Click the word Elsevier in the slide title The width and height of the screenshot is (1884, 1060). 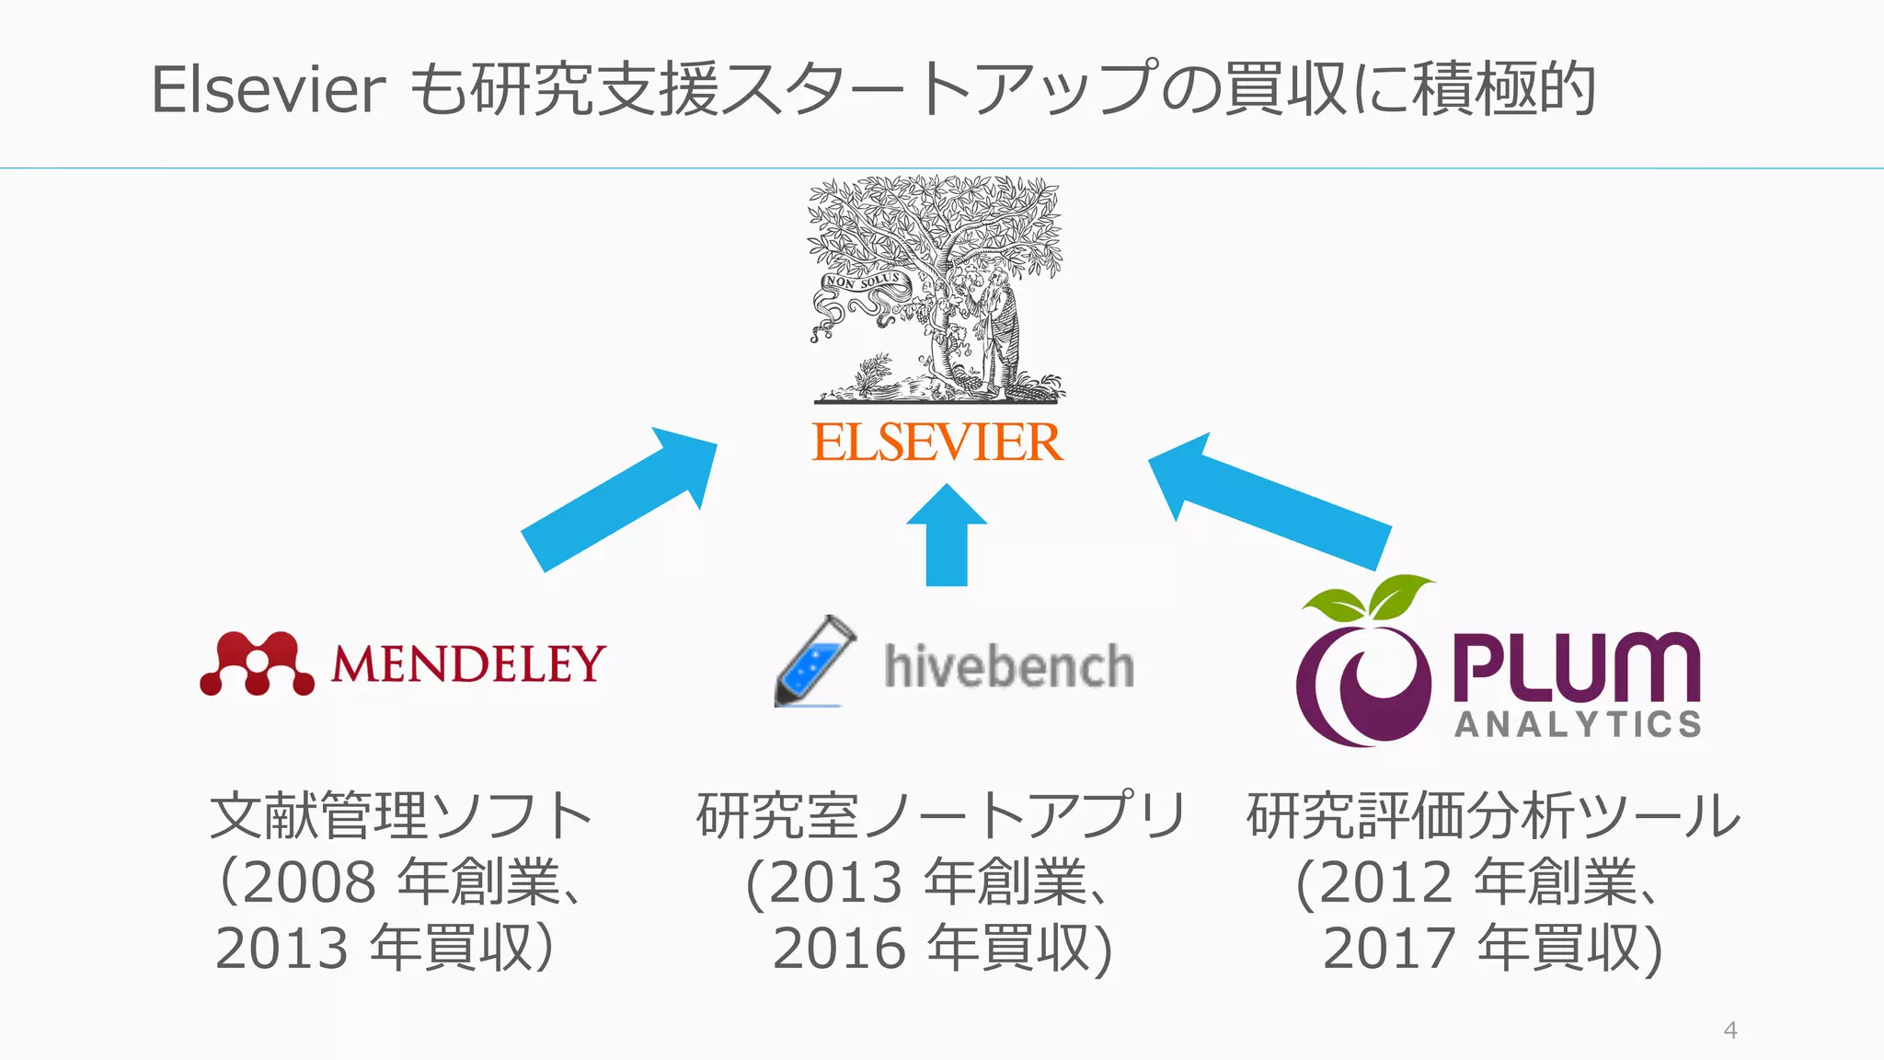click(268, 90)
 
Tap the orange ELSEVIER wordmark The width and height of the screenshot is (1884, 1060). click(936, 443)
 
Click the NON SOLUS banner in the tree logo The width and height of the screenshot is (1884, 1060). click(863, 281)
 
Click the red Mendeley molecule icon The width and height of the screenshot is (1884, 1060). click(257, 663)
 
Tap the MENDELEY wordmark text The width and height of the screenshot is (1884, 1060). click(468, 663)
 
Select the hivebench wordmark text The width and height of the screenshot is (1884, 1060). click(1008, 666)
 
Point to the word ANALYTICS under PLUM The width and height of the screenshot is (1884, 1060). click(1578, 724)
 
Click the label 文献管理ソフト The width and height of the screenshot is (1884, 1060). click(401, 816)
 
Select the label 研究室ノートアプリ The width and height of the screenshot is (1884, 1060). click(940, 816)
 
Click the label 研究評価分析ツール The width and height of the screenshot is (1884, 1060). click(1493, 816)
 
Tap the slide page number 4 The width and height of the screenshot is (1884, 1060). click(1729, 1030)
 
